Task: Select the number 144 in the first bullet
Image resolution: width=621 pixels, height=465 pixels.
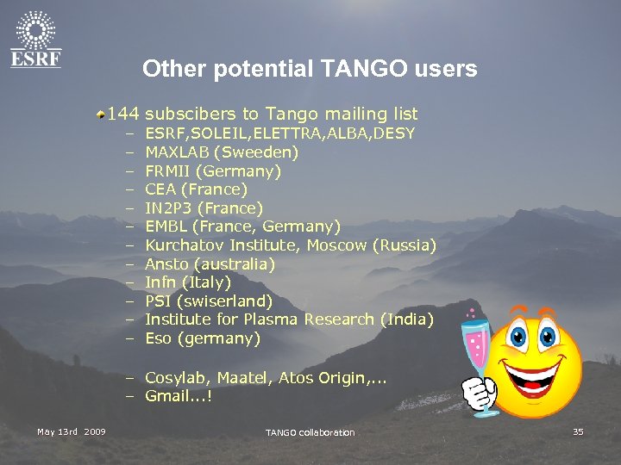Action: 124,114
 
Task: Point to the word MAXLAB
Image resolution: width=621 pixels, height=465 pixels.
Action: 177,152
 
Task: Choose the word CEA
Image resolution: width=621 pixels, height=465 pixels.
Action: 160,189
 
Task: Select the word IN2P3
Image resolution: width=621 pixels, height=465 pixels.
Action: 168,208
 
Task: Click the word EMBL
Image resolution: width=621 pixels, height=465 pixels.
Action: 166,226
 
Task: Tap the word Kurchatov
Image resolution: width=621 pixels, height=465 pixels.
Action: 184,245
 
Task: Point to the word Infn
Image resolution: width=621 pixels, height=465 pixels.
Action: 160,282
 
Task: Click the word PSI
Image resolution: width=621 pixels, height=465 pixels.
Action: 158,301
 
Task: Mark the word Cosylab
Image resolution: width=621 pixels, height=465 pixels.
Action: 176,377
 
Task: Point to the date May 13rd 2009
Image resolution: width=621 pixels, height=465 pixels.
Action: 71,431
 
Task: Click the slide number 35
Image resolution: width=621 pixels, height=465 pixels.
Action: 578,431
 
